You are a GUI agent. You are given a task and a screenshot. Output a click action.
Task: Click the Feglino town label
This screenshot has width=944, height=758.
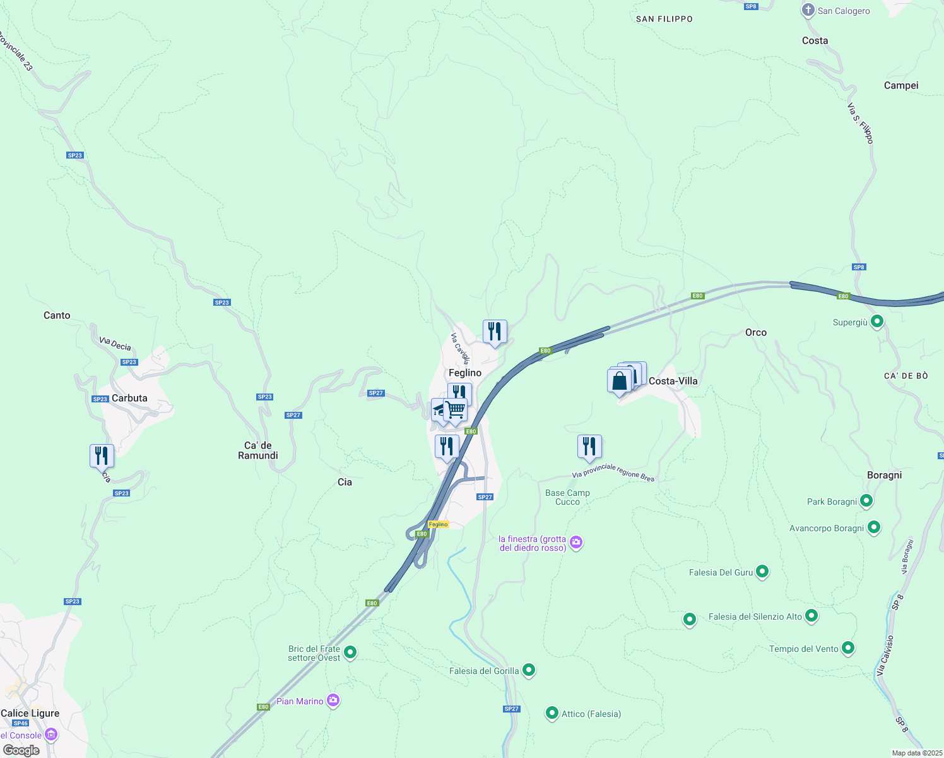[x=465, y=373]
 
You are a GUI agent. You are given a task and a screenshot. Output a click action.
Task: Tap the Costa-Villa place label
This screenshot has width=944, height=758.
[x=673, y=381]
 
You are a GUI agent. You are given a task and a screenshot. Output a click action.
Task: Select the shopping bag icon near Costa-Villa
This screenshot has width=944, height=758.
[x=620, y=381]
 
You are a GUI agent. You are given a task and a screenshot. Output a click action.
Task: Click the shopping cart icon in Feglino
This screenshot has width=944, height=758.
[x=455, y=410]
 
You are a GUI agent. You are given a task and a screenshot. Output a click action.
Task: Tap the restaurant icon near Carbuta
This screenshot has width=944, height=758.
[x=102, y=455]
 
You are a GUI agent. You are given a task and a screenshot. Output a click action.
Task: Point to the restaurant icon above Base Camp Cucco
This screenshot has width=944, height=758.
[x=589, y=447]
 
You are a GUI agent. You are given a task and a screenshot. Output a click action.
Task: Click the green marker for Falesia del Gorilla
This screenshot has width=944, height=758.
[x=529, y=670]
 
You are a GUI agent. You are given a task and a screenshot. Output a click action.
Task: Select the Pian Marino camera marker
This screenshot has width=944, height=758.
[x=333, y=701]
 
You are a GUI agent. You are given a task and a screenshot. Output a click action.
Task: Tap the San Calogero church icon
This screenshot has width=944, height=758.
[x=808, y=10]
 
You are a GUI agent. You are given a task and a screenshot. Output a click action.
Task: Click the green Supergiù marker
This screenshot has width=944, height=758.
[x=876, y=322]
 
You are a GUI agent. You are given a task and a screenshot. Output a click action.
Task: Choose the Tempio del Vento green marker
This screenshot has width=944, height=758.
[x=848, y=648]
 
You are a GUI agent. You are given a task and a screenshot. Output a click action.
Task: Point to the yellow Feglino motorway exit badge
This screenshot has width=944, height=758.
[x=438, y=524]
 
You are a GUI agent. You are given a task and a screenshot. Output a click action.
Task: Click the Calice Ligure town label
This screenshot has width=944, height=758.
[x=30, y=713]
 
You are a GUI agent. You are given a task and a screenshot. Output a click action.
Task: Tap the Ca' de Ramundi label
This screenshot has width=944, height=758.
[x=258, y=450]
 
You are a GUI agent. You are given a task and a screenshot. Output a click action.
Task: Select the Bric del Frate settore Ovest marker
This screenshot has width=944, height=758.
[x=350, y=653]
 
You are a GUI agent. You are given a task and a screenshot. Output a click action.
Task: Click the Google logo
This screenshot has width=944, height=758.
[x=21, y=750]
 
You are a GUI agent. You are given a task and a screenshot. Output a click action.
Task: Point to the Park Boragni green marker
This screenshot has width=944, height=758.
[x=866, y=501]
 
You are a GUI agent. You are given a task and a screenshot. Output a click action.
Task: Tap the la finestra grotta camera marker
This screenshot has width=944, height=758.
[x=575, y=543]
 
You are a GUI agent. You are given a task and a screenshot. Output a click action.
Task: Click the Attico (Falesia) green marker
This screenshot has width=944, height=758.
[x=552, y=713]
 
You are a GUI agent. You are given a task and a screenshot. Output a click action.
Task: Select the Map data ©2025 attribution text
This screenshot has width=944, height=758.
[x=916, y=753]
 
